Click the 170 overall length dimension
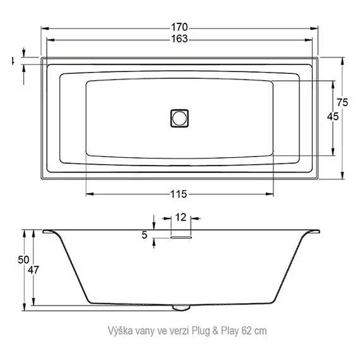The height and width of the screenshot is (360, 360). click(x=180, y=28)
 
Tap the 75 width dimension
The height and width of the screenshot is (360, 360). click(x=342, y=103)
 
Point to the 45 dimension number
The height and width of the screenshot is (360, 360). click(x=333, y=116)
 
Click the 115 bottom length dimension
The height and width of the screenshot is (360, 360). click(x=180, y=193)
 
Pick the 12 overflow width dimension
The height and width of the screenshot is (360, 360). click(x=181, y=217)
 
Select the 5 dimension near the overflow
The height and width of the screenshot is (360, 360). click(x=145, y=235)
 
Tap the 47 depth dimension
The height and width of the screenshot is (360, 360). click(x=34, y=270)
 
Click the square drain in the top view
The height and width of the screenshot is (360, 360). click(x=180, y=117)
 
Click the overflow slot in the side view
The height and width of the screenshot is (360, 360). click(x=181, y=238)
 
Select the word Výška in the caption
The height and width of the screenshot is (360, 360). click(x=121, y=330)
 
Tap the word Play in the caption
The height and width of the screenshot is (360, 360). click(x=229, y=330)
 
